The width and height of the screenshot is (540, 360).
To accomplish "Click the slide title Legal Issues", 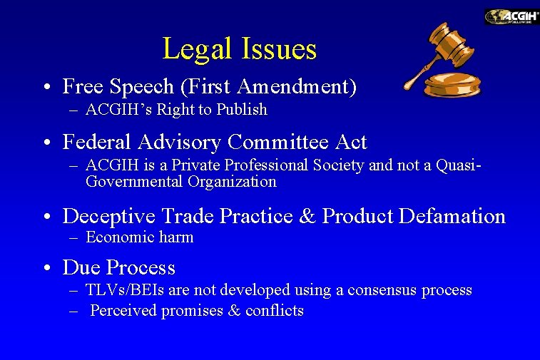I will point(239,48).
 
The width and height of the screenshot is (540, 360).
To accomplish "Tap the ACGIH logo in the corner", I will point(511,16).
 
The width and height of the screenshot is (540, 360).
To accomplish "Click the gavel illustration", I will point(442,60).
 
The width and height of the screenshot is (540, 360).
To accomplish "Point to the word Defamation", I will point(452,215).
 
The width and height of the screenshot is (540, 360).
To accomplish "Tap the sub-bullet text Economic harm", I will point(139,237).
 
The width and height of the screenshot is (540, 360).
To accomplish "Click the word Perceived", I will point(123,311).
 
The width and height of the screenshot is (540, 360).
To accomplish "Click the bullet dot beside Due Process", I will point(45,269).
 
